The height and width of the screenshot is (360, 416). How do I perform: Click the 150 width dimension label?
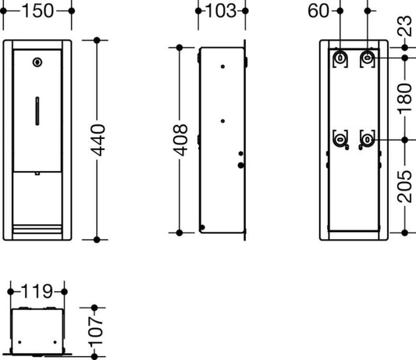click(x=37, y=11)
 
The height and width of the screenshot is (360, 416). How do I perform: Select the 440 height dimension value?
click(x=98, y=140)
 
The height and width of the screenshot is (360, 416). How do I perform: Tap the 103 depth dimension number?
click(x=221, y=11)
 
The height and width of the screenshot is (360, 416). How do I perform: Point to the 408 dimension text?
click(x=180, y=140)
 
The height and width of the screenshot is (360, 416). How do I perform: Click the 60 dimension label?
click(x=318, y=11)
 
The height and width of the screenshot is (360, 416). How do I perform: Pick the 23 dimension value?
click(x=405, y=26)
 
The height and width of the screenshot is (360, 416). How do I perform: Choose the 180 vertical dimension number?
click(x=405, y=98)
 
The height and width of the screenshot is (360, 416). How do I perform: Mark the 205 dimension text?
click(x=405, y=187)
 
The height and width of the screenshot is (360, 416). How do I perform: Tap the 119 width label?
click(x=37, y=291)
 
